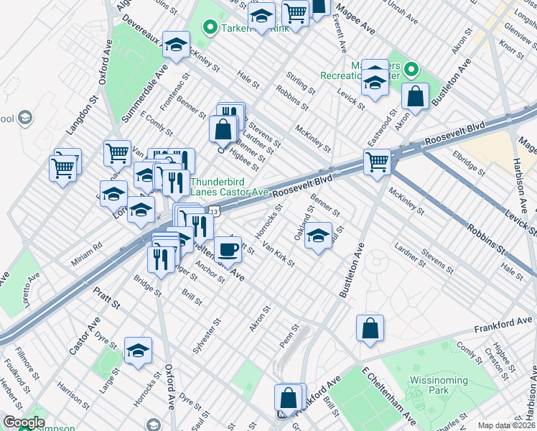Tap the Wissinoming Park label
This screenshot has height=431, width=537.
429,385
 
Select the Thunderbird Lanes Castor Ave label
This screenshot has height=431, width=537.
229,187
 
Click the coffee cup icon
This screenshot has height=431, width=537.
228,249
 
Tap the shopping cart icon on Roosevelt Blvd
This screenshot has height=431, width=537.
376,162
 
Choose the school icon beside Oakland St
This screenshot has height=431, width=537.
318,236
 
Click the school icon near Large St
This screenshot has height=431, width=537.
138,351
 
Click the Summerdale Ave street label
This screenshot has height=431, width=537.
154,91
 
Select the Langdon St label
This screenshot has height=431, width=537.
83,119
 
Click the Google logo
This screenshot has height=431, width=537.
24,422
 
